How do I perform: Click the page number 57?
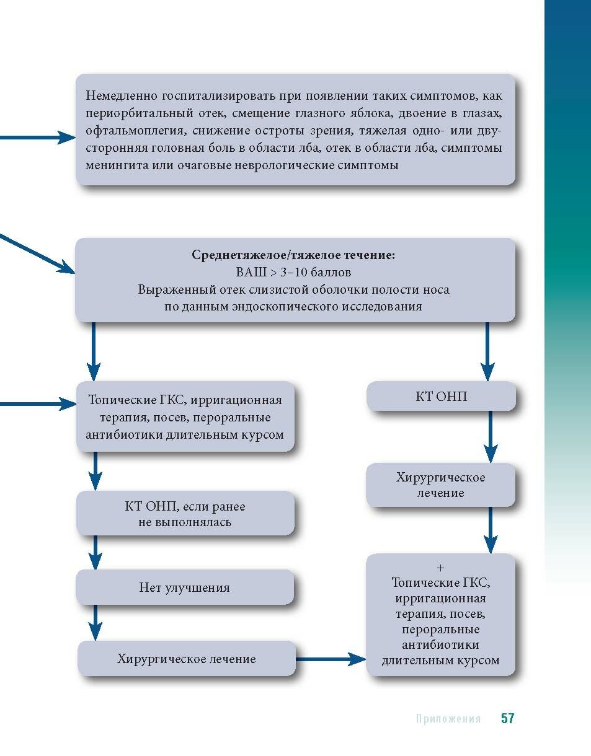point(507,718)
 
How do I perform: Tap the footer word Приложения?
point(448,719)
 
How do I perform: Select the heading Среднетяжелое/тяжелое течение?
point(293,255)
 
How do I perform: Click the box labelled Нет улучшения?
point(184,587)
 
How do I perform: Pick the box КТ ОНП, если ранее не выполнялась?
point(185,514)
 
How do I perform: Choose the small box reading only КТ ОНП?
point(441,396)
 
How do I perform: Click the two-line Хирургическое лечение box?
point(440,485)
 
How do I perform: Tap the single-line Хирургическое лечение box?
point(186,658)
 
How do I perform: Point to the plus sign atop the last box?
point(440,568)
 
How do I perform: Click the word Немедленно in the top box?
point(122,97)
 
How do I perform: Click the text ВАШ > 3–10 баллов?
point(293,272)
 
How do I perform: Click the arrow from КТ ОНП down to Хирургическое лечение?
point(491,437)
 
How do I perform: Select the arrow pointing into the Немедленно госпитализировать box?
point(37,138)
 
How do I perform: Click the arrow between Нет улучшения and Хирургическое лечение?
point(95,622)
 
